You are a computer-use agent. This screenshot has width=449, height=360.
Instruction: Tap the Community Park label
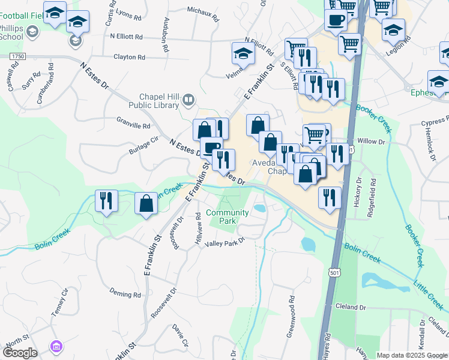click(x=227, y=217)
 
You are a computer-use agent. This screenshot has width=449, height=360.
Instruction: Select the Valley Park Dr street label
click(x=225, y=243)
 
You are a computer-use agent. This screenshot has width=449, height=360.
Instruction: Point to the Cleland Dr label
click(x=351, y=307)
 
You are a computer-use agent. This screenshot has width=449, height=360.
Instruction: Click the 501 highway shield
click(x=334, y=273)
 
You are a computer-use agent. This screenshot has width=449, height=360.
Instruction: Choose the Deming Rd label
click(x=125, y=294)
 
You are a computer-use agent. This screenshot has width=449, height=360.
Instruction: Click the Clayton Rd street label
click(x=130, y=58)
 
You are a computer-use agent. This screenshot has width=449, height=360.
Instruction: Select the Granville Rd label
click(x=133, y=126)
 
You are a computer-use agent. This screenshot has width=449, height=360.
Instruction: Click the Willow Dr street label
click(x=370, y=142)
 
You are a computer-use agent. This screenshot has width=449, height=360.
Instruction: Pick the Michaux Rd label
click(x=200, y=10)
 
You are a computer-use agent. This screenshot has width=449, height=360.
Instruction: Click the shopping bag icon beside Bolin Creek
click(x=146, y=203)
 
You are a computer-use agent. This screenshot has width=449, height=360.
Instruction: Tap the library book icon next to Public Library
click(x=188, y=100)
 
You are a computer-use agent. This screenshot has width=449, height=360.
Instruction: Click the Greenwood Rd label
click(x=291, y=307)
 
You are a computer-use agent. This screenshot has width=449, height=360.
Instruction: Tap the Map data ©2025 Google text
click(x=412, y=355)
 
